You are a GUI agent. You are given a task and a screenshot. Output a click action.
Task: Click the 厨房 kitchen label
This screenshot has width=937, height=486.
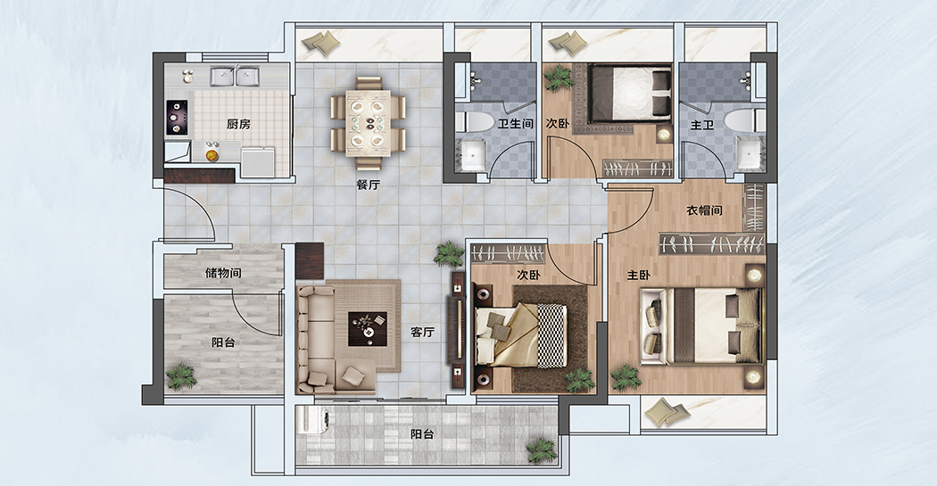click(x=238, y=124)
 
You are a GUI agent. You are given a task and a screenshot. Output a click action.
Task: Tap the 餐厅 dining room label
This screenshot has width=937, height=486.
click(x=368, y=185)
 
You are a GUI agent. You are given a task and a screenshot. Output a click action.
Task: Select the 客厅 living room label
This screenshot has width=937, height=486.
click(x=422, y=333)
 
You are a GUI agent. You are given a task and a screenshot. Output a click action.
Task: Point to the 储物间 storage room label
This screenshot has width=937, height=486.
click(x=223, y=274)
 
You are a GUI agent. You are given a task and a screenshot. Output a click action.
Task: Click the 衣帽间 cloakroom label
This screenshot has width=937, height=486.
click(x=704, y=210)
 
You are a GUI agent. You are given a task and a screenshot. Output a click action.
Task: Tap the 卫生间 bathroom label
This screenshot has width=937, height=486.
click(x=515, y=124)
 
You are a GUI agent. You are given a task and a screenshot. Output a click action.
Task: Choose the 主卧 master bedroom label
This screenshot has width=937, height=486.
click(x=638, y=276)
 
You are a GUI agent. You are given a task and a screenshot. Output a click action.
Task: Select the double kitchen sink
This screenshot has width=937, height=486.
click(x=234, y=76)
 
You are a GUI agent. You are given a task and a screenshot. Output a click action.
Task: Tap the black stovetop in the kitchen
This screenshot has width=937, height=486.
click(x=177, y=117)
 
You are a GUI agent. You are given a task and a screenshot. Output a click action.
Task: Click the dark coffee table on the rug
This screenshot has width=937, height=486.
click(x=368, y=328)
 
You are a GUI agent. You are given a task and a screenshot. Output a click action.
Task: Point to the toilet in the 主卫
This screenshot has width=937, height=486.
click(x=744, y=120)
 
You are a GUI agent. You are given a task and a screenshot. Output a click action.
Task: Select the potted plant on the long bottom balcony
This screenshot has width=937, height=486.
click(x=542, y=449)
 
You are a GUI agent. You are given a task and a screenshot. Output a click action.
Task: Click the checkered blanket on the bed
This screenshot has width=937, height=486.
click(x=551, y=335)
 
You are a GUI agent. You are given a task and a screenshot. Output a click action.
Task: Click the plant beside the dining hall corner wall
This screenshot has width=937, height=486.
click(x=449, y=254)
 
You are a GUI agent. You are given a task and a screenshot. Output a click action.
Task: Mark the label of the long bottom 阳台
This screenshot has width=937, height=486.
click(x=422, y=434)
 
